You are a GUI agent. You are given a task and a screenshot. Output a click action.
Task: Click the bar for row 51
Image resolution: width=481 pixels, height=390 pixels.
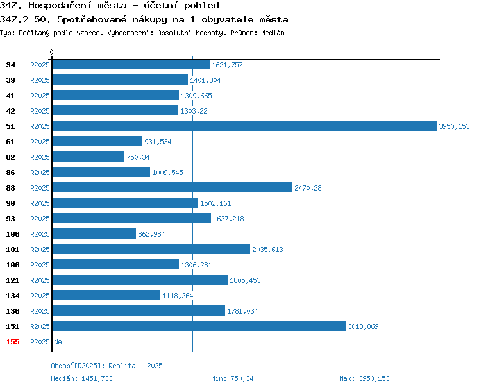[244, 126]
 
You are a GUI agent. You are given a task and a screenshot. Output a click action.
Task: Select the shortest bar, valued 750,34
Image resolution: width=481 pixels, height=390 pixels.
[89, 157]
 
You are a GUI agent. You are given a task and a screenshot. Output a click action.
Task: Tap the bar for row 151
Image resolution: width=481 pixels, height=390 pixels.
[199, 326]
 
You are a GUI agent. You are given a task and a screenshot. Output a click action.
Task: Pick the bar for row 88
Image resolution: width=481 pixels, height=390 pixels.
[173, 187]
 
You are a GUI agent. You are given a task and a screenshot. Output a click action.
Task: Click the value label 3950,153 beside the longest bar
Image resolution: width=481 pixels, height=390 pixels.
[454, 126]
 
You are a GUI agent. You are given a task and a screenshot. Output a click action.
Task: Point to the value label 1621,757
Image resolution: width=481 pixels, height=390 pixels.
[227, 65]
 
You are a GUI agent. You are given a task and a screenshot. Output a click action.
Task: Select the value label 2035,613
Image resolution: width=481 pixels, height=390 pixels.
[267, 250]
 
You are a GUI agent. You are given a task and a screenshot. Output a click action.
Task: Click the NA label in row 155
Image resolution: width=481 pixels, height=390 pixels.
[58, 342]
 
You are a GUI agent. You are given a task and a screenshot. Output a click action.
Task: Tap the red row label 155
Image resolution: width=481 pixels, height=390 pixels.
[13, 342]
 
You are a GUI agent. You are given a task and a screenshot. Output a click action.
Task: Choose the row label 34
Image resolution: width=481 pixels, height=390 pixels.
[10, 65]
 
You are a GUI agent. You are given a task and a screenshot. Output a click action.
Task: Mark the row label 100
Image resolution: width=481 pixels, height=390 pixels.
[13, 234]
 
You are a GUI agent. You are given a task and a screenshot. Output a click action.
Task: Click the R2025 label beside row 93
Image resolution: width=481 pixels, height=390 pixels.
[40, 219]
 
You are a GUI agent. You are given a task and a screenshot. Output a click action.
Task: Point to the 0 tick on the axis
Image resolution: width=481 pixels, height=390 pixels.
[51, 52]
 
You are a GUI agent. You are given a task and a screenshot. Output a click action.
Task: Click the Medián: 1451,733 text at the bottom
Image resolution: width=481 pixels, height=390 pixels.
[81, 378]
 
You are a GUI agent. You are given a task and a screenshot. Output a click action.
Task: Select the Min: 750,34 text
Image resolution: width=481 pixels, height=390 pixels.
[232, 378]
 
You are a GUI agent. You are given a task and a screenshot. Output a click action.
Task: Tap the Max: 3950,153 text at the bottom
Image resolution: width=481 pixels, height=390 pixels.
[364, 378]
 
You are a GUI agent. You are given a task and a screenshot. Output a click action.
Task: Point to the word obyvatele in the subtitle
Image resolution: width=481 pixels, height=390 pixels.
[228, 19]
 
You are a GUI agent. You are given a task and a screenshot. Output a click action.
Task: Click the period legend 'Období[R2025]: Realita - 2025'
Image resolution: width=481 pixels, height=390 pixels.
[106, 366]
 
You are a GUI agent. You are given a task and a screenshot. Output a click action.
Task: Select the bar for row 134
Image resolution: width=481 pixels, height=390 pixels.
[106, 295]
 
